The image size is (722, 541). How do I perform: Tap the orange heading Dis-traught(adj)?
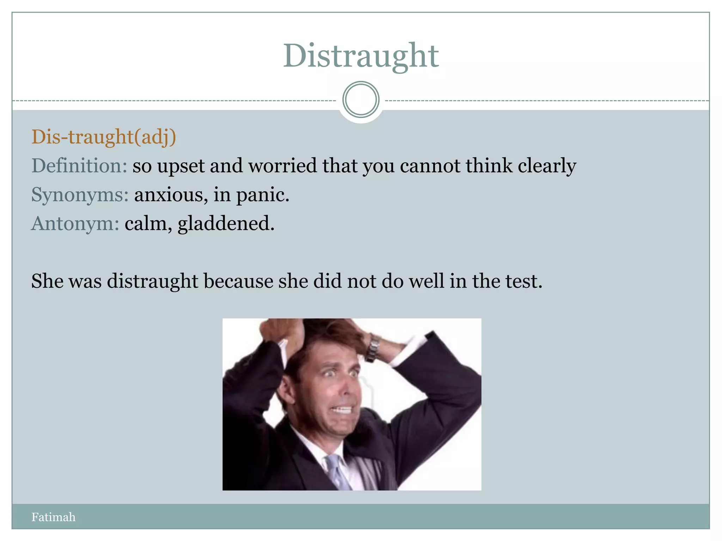104,137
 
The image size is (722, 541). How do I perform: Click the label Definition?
79,166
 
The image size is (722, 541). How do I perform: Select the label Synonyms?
80,194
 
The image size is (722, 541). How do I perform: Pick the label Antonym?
75,223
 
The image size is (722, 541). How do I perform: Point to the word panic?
262,195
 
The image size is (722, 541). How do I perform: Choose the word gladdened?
226,224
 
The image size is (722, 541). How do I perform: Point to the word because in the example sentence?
238,281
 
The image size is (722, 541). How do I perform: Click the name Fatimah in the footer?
53,517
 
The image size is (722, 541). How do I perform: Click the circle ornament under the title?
361,100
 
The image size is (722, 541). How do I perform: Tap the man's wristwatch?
372,348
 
